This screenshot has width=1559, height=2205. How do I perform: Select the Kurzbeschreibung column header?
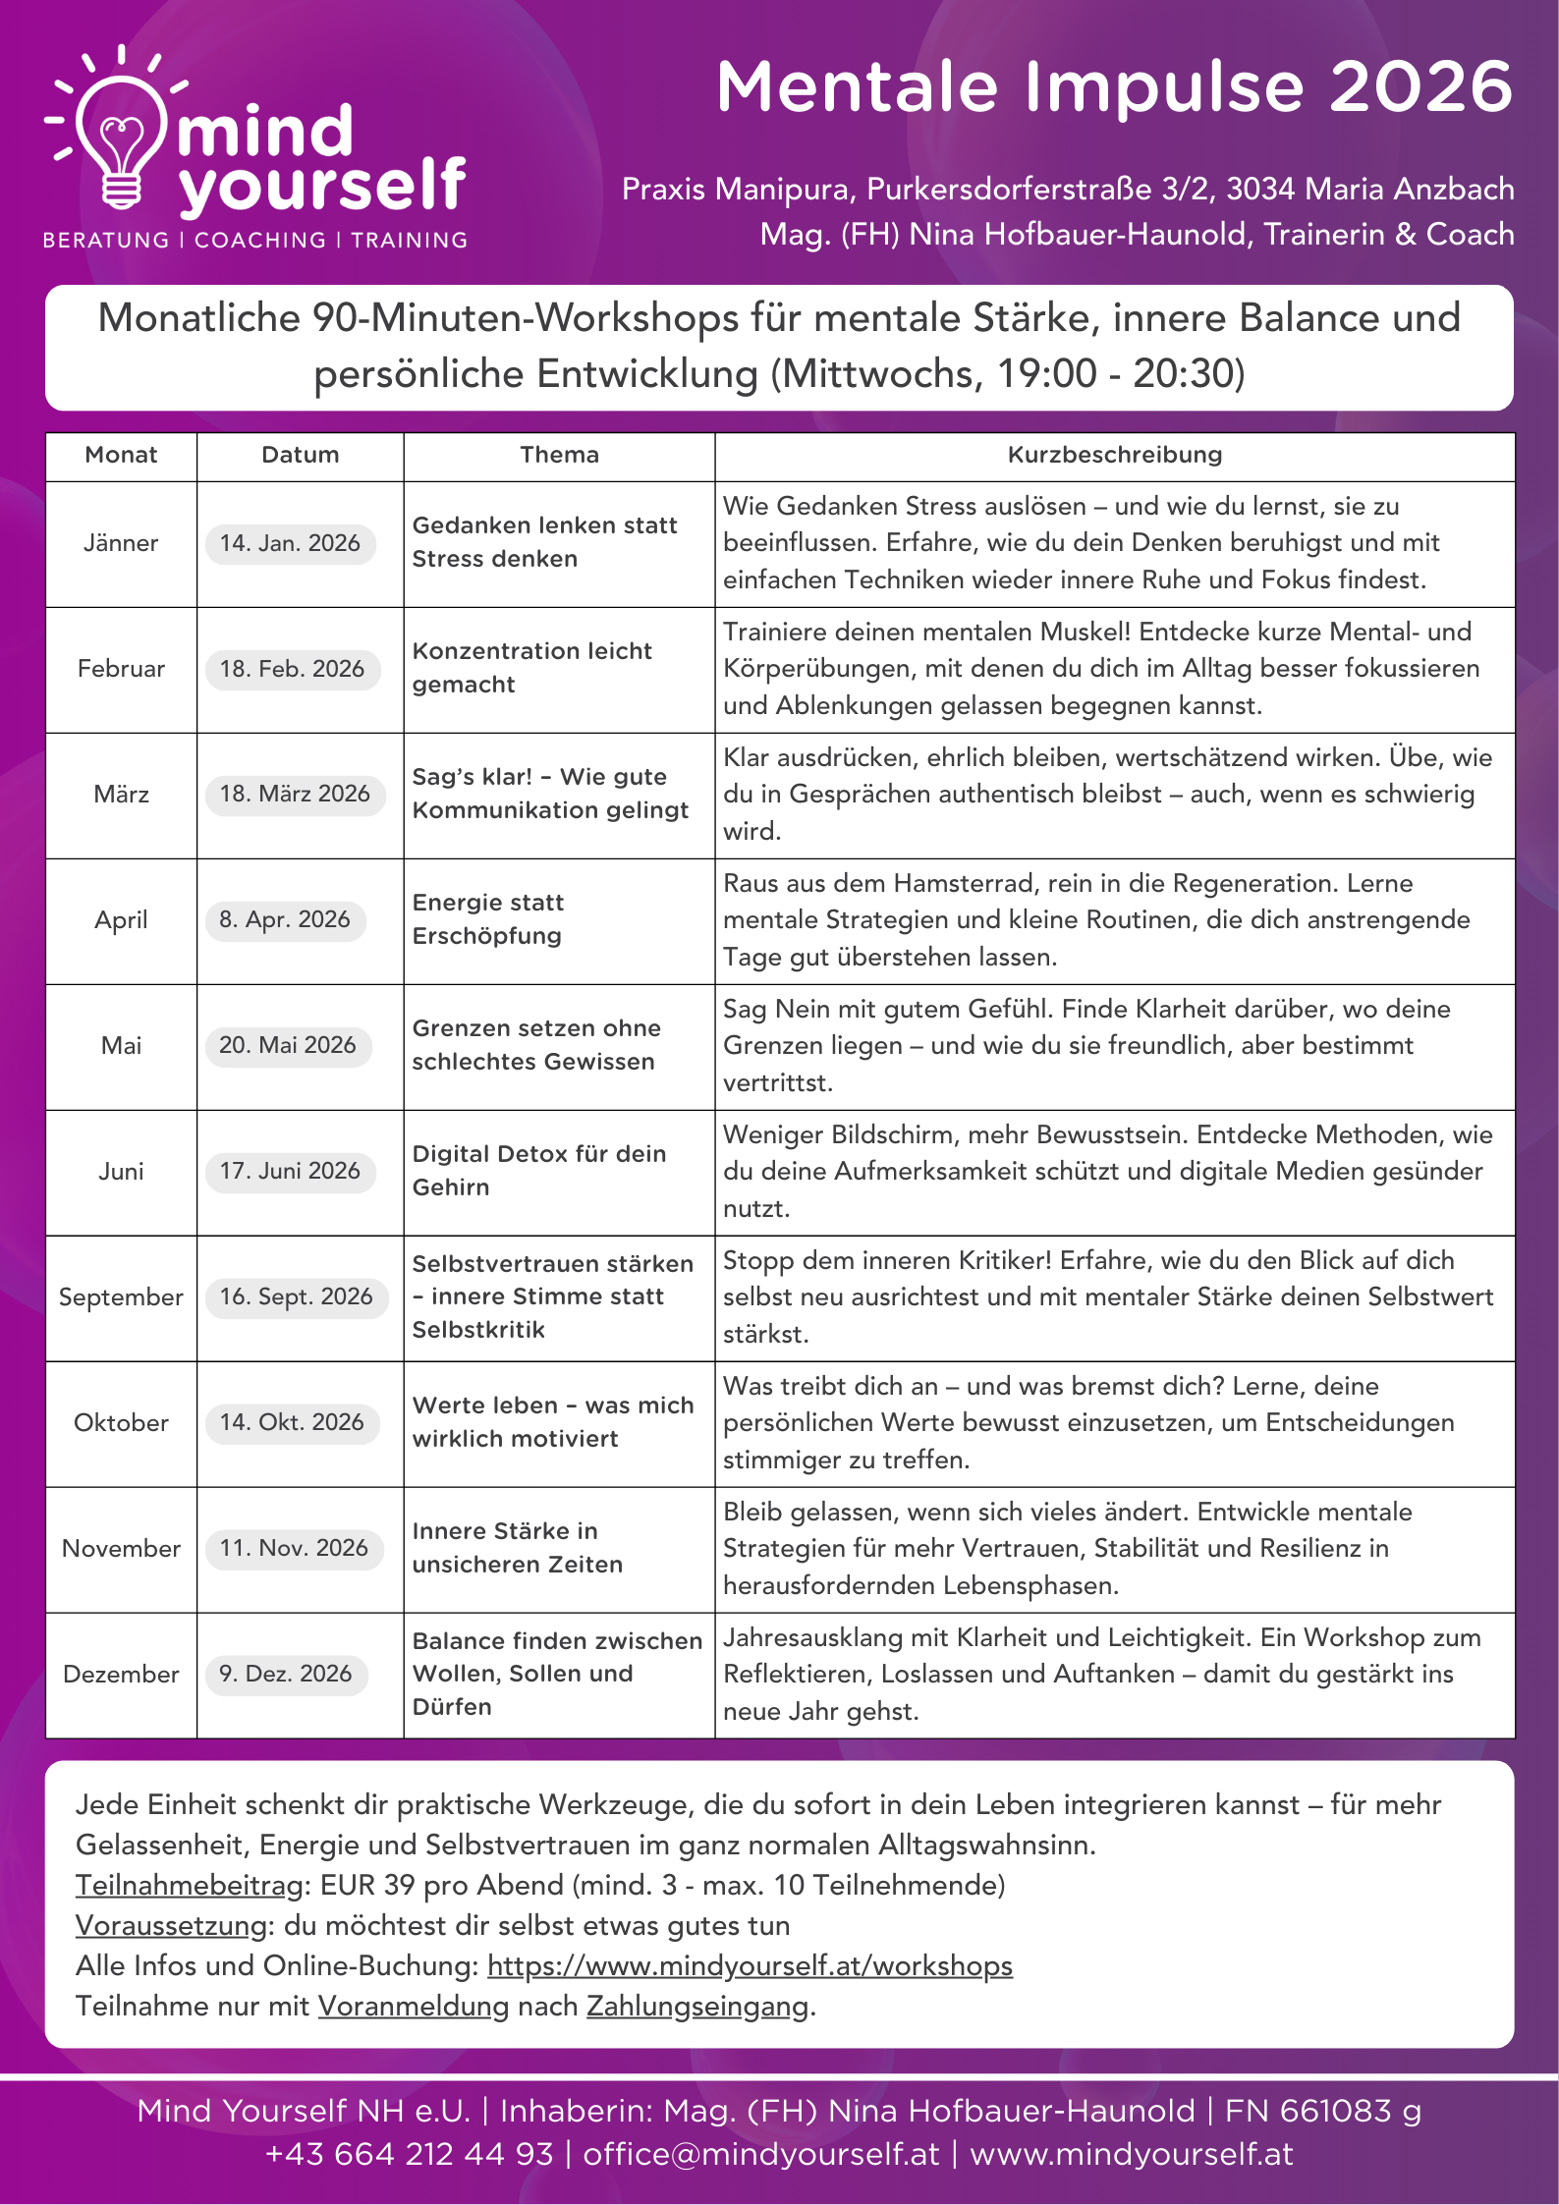click(1114, 455)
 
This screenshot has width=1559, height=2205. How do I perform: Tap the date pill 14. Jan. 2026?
click(290, 543)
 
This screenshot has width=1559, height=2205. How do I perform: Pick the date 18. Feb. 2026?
click(292, 669)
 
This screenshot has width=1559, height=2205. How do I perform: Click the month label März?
click(121, 794)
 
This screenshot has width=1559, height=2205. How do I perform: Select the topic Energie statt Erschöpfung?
click(487, 919)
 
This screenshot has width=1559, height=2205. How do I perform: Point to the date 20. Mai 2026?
click(288, 1045)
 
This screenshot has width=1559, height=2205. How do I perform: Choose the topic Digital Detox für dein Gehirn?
click(538, 1171)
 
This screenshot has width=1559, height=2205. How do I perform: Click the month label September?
click(121, 1296)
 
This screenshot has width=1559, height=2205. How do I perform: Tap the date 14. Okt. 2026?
click(292, 1422)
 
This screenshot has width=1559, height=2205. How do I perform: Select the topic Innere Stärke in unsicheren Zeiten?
click(517, 1548)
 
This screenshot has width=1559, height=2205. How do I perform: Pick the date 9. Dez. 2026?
click(286, 1674)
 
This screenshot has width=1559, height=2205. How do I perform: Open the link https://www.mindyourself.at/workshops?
click(750, 1965)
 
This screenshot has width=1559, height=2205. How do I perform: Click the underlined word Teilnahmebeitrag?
click(190, 1885)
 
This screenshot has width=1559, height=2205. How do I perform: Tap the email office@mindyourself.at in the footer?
click(761, 2154)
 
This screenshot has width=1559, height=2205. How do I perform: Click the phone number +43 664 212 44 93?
click(410, 2154)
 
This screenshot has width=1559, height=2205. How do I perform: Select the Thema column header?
click(559, 455)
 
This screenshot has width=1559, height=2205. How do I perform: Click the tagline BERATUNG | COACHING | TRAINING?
click(255, 240)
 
